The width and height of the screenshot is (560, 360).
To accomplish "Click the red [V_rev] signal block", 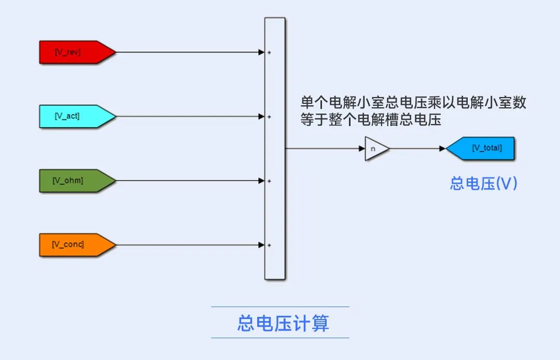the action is (x=77, y=52).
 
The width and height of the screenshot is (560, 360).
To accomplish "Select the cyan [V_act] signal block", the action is (x=77, y=116).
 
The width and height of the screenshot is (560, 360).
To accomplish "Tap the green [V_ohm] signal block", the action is (x=77, y=181).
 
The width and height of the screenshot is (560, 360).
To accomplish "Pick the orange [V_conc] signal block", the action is (x=77, y=245).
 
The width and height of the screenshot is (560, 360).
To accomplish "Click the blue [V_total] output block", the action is (x=480, y=148).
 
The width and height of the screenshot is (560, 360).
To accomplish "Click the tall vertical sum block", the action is (x=275, y=148).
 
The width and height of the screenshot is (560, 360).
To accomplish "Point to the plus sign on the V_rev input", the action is (x=269, y=52).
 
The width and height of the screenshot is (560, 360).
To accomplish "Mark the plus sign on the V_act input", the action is (x=269, y=117).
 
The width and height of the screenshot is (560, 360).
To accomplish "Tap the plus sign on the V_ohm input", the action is (x=269, y=181).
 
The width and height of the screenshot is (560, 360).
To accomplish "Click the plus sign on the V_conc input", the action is (x=269, y=245).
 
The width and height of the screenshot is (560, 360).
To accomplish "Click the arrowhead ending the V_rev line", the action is (x=261, y=52).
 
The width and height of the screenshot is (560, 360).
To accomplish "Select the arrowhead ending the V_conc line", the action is (x=261, y=245).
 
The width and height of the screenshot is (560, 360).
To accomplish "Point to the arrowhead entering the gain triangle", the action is (x=362, y=148).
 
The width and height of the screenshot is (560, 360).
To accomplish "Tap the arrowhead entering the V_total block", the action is (x=443, y=148).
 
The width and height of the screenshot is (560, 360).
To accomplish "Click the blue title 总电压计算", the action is (x=283, y=323).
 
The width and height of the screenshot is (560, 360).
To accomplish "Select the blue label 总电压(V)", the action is (x=484, y=184).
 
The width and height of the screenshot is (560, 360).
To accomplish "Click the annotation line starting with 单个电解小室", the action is (x=413, y=103).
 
